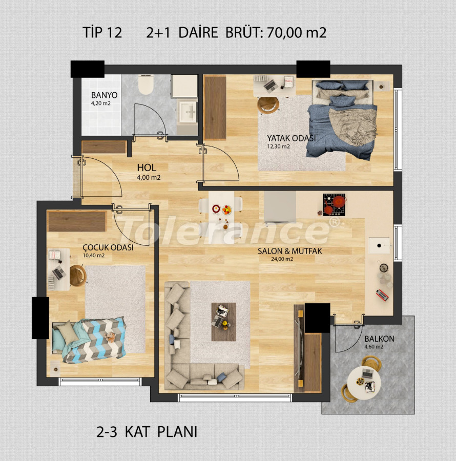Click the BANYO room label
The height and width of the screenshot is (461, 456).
click(x=104, y=95)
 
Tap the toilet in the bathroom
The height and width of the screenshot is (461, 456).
click(x=146, y=85)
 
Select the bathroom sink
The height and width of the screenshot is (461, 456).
click(x=188, y=109)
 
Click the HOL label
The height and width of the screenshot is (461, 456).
click(x=146, y=168)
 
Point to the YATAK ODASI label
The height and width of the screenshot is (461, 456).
click(x=291, y=138)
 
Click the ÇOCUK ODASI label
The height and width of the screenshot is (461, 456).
click(x=108, y=247)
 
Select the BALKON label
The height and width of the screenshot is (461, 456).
click(x=379, y=339)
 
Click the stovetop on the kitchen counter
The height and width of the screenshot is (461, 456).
click(x=334, y=204)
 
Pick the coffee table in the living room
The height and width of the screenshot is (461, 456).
click(x=224, y=321)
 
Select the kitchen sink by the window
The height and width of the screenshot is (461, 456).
click(x=380, y=245)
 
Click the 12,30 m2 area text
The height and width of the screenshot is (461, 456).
click(x=278, y=146)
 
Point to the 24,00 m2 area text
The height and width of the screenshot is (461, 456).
click(x=282, y=259)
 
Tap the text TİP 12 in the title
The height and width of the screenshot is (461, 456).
click(x=102, y=33)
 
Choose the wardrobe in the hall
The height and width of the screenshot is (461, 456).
click(x=104, y=147)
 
